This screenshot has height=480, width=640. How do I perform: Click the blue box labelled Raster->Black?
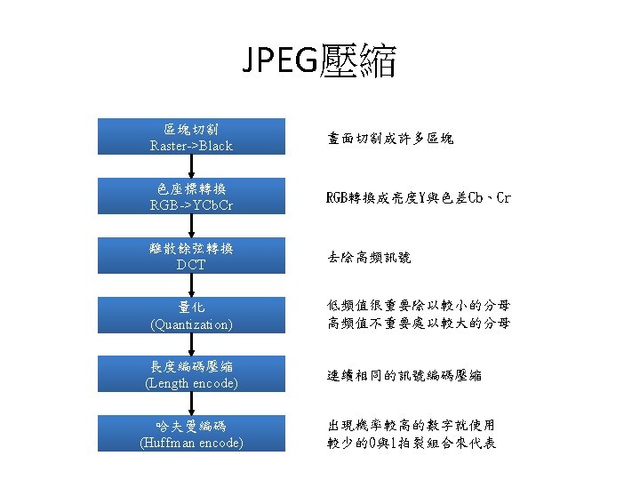point(191,137)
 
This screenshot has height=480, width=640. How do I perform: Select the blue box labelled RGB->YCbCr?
point(191,196)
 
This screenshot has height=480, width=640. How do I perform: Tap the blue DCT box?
point(191,256)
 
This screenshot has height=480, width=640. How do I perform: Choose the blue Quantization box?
point(191,316)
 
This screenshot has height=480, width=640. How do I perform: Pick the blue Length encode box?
point(191,374)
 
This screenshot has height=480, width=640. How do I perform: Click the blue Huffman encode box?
point(191,434)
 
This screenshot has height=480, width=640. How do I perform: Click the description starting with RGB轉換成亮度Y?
point(419,197)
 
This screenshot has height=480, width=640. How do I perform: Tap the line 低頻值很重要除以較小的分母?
point(419,307)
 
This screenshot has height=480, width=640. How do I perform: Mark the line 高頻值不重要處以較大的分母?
point(419,324)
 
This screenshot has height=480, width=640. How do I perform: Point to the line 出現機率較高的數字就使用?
point(412,426)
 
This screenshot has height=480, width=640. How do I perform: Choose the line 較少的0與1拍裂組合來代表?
point(412,443)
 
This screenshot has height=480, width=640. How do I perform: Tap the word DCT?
point(191,265)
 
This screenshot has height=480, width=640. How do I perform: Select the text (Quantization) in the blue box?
point(191,324)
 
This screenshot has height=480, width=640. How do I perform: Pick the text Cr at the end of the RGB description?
point(502,197)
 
